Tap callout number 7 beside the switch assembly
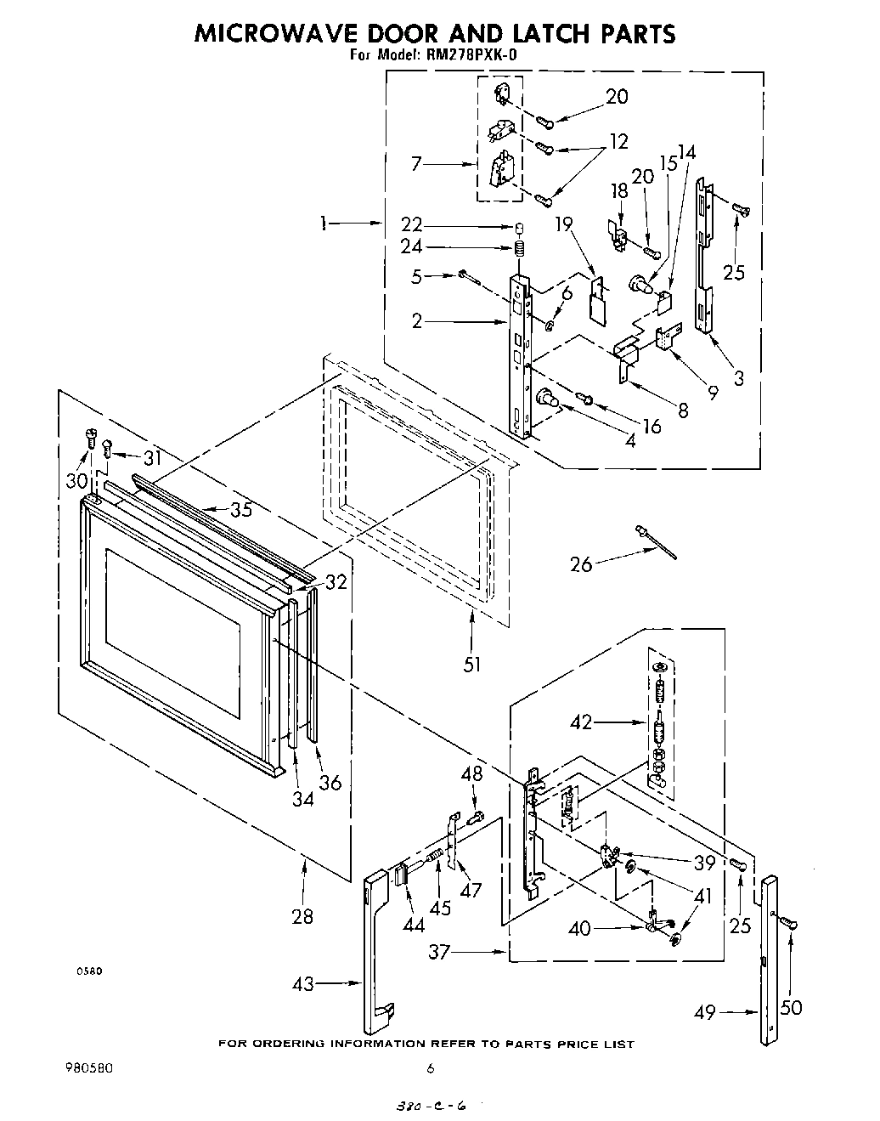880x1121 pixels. click(416, 164)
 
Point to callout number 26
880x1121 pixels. click(581, 563)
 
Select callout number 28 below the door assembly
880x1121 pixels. click(302, 916)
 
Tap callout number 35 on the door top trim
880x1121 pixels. click(241, 510)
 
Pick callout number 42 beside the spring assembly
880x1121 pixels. click(581, 723)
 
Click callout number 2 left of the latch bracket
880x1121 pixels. click(416, 320)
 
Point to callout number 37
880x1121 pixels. click(438, 953)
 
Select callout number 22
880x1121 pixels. click(412, 226)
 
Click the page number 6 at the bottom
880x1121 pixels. click(432, 1068)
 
